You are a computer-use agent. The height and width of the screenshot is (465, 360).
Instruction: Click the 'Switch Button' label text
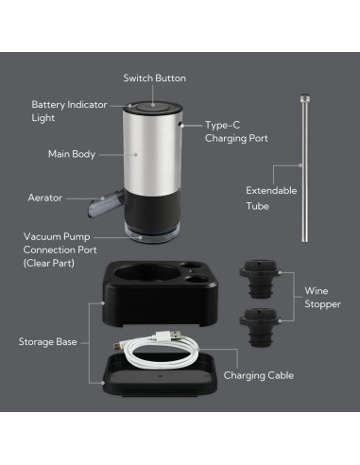tap(155, 77)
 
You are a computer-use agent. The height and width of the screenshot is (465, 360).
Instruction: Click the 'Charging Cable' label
tap(258, 375)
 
